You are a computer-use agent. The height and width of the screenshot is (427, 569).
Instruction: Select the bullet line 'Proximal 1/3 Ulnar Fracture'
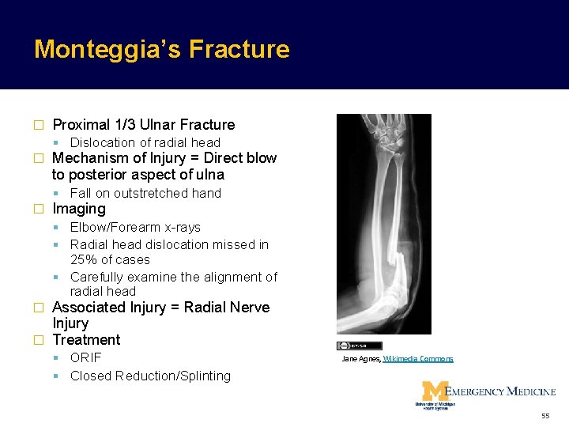tap(143, 124)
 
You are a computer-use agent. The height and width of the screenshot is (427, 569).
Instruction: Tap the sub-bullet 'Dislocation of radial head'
tap(145, 142)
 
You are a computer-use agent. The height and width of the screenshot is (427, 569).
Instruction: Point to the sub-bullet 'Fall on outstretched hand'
tap(145, 193)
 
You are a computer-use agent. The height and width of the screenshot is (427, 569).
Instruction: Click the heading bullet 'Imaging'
tap(78, 209)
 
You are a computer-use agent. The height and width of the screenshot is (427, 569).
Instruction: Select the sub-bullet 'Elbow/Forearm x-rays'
tap(135, 227)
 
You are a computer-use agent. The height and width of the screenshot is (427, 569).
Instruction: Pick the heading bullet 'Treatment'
tap(86, 340)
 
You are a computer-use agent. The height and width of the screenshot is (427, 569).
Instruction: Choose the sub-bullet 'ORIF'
tap(85, 357)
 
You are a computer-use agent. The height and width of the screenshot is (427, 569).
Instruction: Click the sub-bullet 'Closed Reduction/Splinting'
tap(150, 376)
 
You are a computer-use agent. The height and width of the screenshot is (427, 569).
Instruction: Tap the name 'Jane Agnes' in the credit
tap(360, 359)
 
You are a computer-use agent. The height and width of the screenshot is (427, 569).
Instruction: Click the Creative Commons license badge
tap(360, 346)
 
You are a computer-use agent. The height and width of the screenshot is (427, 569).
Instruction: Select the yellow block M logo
tap(433, 391)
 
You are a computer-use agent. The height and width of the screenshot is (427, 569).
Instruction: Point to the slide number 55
tap(545, 415)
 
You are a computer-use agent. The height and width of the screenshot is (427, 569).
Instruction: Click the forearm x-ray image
tap(383, 224)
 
